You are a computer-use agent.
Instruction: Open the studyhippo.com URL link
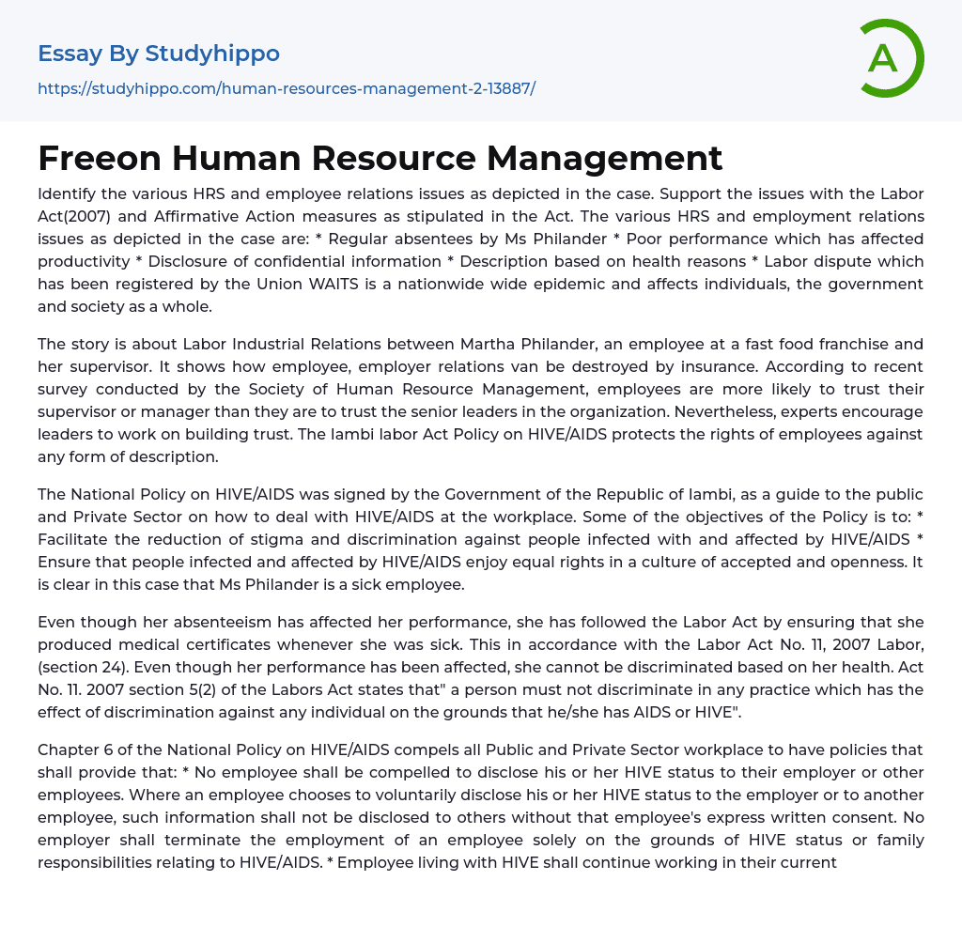point(287,89)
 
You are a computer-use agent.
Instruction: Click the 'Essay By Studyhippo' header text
point(159,54)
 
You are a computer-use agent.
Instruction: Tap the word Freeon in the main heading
point(98,158)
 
